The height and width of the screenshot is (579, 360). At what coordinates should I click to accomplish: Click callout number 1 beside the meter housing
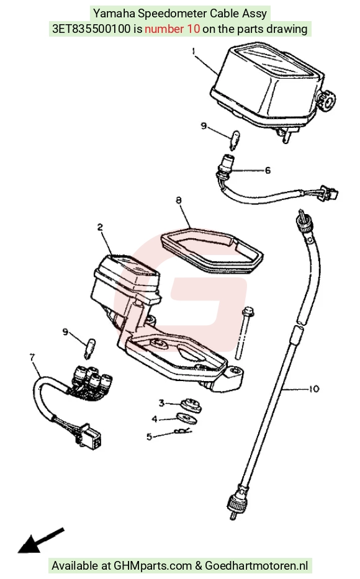tap(194, 51)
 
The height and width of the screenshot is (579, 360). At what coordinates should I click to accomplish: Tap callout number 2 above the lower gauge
tap(100, 227)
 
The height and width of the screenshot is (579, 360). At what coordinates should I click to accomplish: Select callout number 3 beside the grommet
tap(161, 403)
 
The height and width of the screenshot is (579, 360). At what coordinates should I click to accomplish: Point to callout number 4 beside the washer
tap(155, 419)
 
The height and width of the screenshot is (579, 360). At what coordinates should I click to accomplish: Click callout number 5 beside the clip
tap(149, 437)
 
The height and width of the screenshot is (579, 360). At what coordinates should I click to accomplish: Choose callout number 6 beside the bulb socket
tap(268, 170)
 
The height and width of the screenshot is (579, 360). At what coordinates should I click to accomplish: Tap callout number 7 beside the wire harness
tap(32, 357)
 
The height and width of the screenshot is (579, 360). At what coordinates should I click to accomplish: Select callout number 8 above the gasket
tap(179, 200)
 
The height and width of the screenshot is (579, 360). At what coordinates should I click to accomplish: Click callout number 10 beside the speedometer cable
tap(313, 389)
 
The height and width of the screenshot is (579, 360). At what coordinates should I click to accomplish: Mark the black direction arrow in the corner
tap(41, 541)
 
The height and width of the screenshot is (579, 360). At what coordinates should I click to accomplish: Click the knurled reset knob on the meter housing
tap(328, 99)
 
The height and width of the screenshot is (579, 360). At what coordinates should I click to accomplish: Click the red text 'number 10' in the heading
tap(173, 29)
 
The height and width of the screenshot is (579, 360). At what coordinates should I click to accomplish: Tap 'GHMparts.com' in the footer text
tap(153, 565)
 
